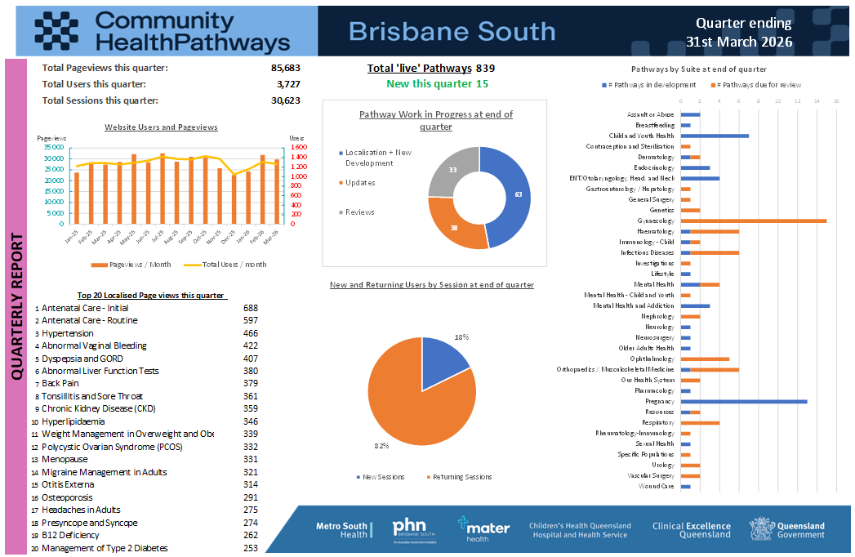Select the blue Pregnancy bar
tap(743, 401)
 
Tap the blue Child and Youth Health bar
tap(714, 136)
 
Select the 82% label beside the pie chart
tap(381, 446)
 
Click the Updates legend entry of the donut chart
tap(359, 183)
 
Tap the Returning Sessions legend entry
tap(462, 477)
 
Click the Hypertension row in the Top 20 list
tap(68, 333)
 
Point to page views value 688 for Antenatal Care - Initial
tap(251, 308)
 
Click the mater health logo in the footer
tap(483, 529)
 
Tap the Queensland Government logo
tap(787, 529)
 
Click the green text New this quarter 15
tap(437, 84)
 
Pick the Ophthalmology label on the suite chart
tap(652, 359)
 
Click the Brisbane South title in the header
tap(452, 31)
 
